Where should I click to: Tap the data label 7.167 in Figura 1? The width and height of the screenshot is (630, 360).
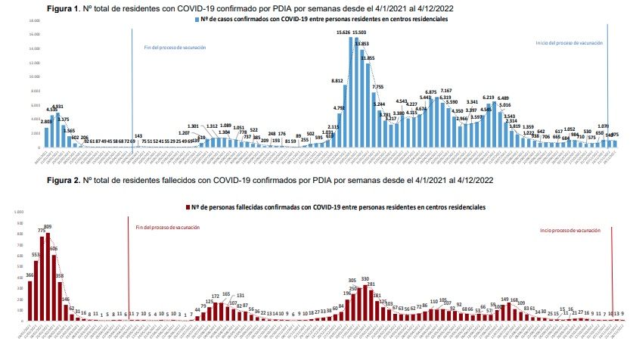point(446,92)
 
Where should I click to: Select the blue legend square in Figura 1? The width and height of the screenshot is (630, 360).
point(195,17)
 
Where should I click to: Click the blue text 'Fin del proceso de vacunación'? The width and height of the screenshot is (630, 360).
point(175,47)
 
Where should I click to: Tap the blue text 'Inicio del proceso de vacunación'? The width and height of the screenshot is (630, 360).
point(569,43)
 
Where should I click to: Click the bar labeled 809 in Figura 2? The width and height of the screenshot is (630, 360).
point(48,276)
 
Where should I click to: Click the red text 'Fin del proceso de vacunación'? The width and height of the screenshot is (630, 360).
point(169,227)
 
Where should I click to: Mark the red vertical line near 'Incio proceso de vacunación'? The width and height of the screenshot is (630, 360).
point(610,272)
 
